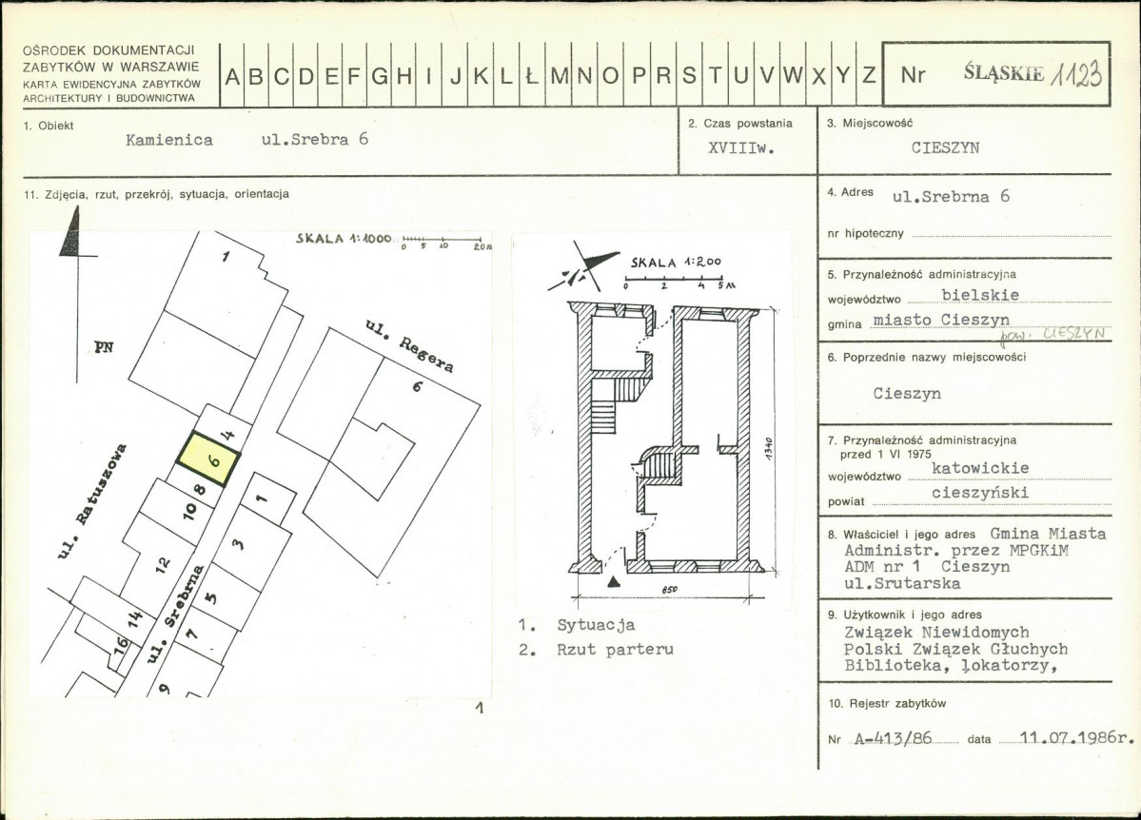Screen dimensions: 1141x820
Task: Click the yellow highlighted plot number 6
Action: [x=213, y=460]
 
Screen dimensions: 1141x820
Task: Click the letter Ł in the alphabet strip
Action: [x=531, y=76]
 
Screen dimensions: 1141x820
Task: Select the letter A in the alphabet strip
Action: [x=232, y=76]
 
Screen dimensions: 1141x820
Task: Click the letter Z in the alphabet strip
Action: [x=869, y=75]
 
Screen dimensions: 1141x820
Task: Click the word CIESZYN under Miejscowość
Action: [x=945, y=147]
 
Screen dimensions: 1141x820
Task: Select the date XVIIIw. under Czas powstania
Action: [x=741, y=147]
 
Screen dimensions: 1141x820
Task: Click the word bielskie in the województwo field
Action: [x=980, y=295]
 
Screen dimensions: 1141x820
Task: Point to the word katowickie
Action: [x=980, y=468]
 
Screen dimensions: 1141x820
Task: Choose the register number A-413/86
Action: [x=893, y=738]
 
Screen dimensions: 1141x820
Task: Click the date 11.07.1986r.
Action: [x=1077, y=737]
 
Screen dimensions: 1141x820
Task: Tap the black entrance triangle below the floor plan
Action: [x=615, y=580]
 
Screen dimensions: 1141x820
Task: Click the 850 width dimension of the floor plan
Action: [x=669, y=590]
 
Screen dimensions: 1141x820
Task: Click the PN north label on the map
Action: [x=104, y=347]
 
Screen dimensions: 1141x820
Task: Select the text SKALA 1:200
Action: [x=676, y=262]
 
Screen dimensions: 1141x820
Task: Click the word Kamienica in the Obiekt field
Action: [x=169, y=140]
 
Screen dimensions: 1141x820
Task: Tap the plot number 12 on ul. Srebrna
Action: [x=162, y=562]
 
